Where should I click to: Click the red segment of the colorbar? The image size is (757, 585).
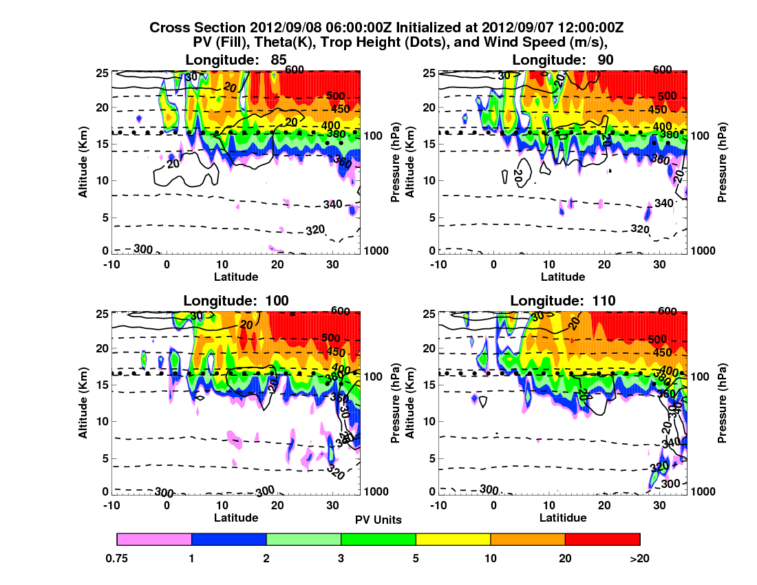click(x=602, y=539)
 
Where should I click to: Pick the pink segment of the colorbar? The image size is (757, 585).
click(x=154, y=539)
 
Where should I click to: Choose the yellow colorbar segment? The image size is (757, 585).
click(x=453, y=539)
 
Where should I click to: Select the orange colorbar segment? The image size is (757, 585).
click(x=527, y=539)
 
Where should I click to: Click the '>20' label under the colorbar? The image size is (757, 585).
click(x=639, y=558)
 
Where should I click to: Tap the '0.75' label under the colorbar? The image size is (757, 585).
click(x=118, y=558)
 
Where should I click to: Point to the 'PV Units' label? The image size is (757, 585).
click(x=378, y=520)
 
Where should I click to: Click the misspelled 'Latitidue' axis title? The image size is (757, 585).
click(x=563, y=518)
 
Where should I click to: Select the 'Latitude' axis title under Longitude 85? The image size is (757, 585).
click(x=235, y=277)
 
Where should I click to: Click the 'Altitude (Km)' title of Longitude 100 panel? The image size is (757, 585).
click(x=83, y=401)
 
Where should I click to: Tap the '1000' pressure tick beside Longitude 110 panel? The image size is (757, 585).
click(x=703, y=491)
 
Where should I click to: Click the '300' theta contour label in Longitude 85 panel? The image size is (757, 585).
click(x=142, y=248)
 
